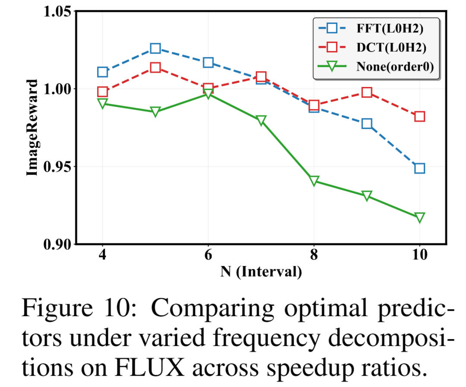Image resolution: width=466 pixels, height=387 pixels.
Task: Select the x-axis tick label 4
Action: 102,254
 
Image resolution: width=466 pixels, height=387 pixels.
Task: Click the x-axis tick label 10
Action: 419,254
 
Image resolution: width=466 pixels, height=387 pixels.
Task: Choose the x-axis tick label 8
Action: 314,254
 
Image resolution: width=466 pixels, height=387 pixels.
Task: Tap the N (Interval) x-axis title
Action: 261,272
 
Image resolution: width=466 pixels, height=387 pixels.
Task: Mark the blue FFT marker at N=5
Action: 155,48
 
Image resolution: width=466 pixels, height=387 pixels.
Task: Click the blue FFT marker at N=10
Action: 419,168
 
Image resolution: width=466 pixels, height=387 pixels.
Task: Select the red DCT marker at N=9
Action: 367,92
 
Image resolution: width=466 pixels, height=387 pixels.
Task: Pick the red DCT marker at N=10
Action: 419,116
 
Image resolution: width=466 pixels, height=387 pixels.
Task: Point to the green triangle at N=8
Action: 314,181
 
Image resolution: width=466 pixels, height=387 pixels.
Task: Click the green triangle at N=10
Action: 419,217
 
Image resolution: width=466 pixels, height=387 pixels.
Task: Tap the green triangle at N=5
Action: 155,112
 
